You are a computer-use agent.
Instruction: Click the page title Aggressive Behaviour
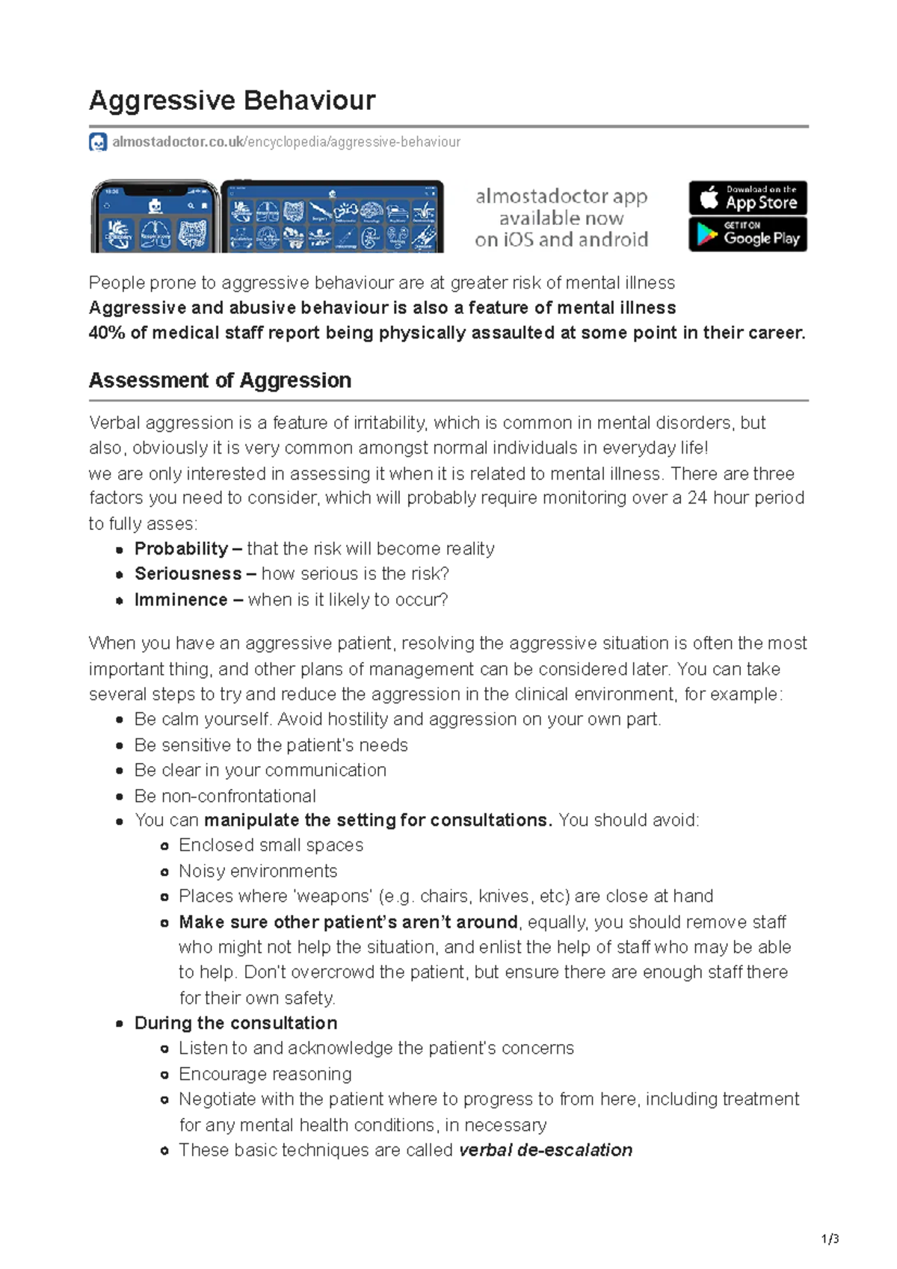coord(232,100)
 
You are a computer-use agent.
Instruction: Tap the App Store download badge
coord(747,198)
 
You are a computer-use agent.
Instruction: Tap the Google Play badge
coord(747,235)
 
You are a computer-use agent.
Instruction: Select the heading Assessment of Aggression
coord(220,380)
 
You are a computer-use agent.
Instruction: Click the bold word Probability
coord(181,549)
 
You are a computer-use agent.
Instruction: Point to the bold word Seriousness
coord(188,574)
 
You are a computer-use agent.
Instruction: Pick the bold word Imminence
coord(181,600)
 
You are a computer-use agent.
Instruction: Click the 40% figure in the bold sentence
coord(107,333)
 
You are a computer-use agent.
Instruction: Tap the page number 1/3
coord(830,1239)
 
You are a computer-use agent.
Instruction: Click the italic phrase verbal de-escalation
coord(546,1150)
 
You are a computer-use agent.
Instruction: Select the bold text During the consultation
coord(235,1023)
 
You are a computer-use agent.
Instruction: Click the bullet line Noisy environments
coord(258,871)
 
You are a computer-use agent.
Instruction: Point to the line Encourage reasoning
coord(265,1074)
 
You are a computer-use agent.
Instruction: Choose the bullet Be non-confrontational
coord(225,796)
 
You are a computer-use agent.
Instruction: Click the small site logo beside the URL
coord(98,142)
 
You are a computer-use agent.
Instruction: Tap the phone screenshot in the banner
coord(154,217)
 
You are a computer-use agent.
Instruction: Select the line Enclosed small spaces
coord(271,845)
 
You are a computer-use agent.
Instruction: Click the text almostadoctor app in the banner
coord(561,197)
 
